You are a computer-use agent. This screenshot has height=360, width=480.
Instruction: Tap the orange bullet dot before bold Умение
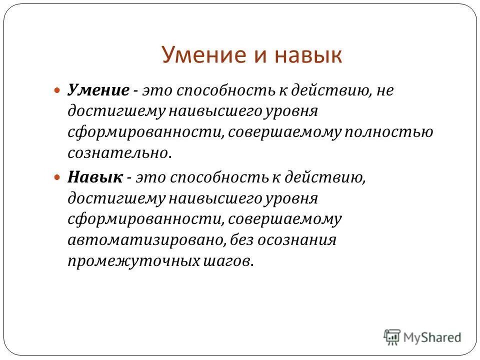tap(57, 91)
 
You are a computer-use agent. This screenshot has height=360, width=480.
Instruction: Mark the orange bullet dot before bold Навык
tap(57, 177)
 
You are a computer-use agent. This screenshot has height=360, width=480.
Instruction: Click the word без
tap(243, 240)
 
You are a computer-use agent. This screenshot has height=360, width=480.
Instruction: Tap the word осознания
tap(297, 240)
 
